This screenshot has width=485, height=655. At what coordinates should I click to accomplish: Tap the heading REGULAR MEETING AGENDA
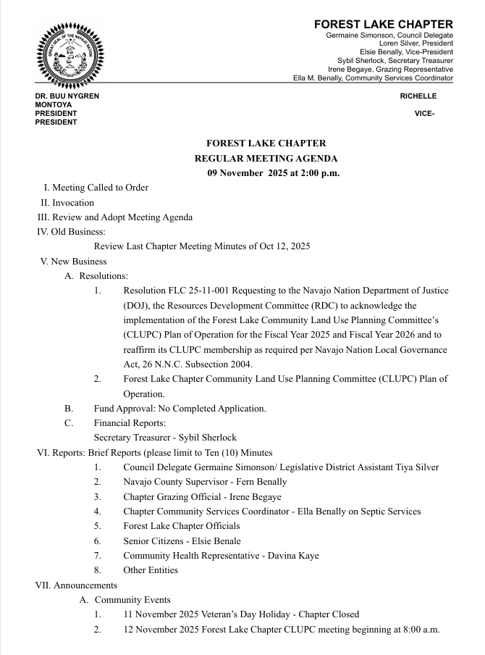[x=266, y=159]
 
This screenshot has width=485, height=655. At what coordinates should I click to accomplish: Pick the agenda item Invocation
[x=73, y=203]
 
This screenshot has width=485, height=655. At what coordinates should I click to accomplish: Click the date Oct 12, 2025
[x=282, y=246]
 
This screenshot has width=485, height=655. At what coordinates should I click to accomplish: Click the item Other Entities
[x=151, y=570]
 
